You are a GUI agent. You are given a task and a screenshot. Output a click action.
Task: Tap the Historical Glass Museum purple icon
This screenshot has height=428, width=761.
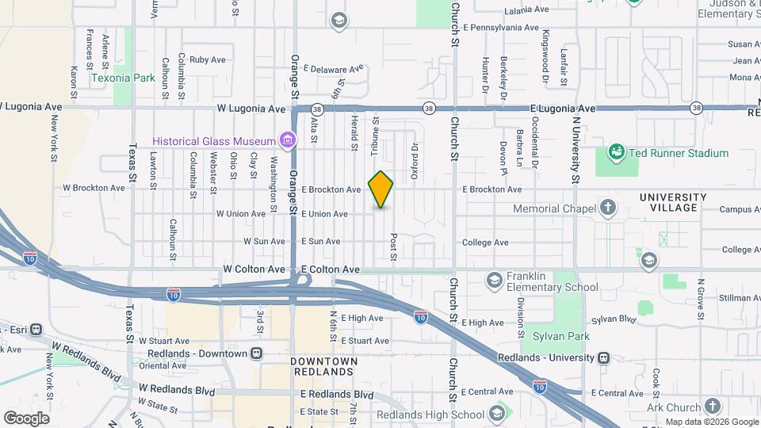pyautogui.click(x=288, y=141)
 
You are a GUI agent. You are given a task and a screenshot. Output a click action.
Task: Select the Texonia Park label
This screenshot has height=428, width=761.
pyautogui.click(x=123, y=78)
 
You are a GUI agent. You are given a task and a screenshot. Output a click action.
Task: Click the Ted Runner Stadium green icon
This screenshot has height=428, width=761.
pyautogui.click(x=616, y=151)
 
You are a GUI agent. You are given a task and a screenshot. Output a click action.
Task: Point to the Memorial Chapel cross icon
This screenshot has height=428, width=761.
pyautogui.click(x=608, y=208)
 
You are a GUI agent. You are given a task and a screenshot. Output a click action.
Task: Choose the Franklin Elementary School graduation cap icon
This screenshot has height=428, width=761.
pyautogui.click(x=494, y=279)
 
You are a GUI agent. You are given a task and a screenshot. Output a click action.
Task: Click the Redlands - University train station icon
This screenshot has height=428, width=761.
pyautogui.click(x=605, y=357)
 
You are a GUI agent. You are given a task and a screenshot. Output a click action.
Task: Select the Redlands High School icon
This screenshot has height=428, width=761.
pyautogui.click(x=496, y=413)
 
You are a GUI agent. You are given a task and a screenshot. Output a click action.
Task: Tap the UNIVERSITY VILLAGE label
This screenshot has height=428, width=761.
pyautogui.click(x=673, y=202)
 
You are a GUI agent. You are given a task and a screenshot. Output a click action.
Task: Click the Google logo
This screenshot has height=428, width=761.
pyautogui.click(x=26, y=418)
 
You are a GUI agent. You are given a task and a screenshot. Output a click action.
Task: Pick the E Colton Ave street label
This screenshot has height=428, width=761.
pyautogui.click(x=330, y=269)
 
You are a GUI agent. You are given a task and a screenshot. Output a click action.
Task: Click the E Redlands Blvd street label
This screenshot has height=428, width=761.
pyautogui.click(x=337, y=394)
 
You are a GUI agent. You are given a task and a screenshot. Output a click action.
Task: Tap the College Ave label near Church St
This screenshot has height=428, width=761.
pyautogui.click(x=484, y=243)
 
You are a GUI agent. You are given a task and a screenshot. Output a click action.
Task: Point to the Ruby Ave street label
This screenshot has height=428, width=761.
pyautogui.click(x=208, y=59)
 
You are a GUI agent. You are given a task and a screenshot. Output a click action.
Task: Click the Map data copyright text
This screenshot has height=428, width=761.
pyautogui.click(x=711, y=422)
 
